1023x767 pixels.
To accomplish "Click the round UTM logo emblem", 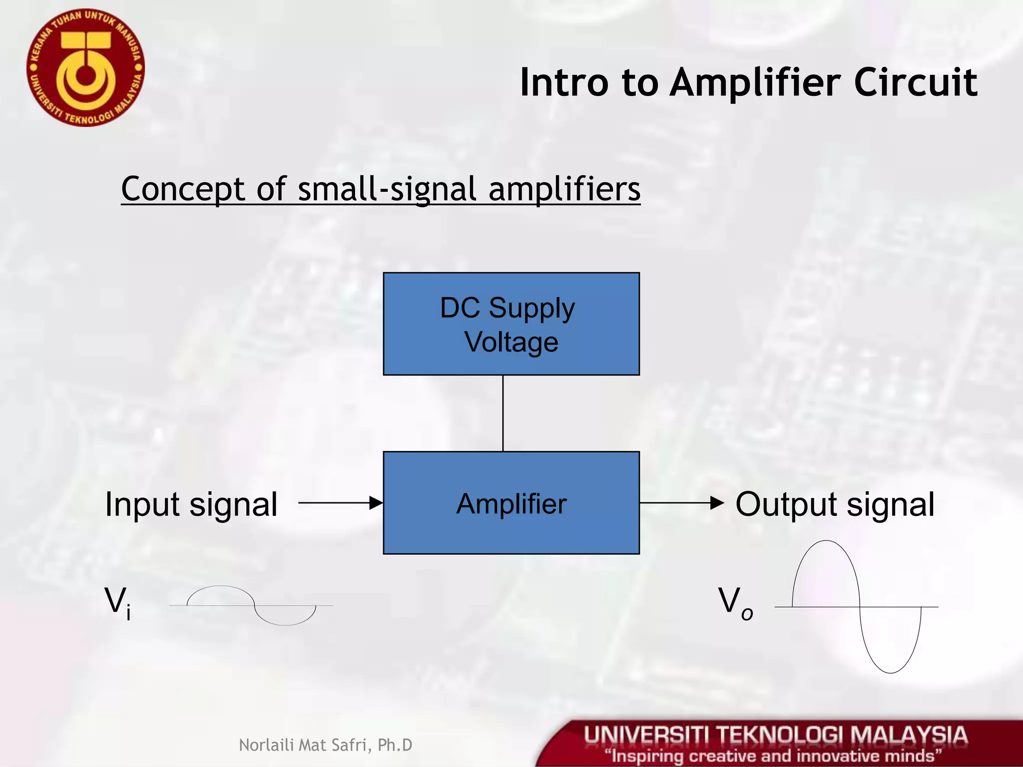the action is point(85,67).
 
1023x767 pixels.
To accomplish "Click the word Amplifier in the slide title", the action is point(755,82).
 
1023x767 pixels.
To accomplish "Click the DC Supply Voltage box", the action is point(511,324).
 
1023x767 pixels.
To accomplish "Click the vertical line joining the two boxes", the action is point(503,413).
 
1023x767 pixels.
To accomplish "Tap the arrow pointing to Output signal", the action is point(681,503).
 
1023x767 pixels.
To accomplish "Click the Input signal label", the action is point(191,504).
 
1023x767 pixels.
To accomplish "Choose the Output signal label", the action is point(835,504).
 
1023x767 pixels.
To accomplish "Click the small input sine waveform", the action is point(251,605).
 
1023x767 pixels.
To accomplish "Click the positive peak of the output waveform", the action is point(826,541).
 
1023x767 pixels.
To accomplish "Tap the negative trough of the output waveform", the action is point(890,672).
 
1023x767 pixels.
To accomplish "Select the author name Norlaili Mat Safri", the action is point(325,745).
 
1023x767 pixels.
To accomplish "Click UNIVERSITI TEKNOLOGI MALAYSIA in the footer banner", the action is point(776,736).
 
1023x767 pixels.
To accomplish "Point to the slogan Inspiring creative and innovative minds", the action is point(773,756).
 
